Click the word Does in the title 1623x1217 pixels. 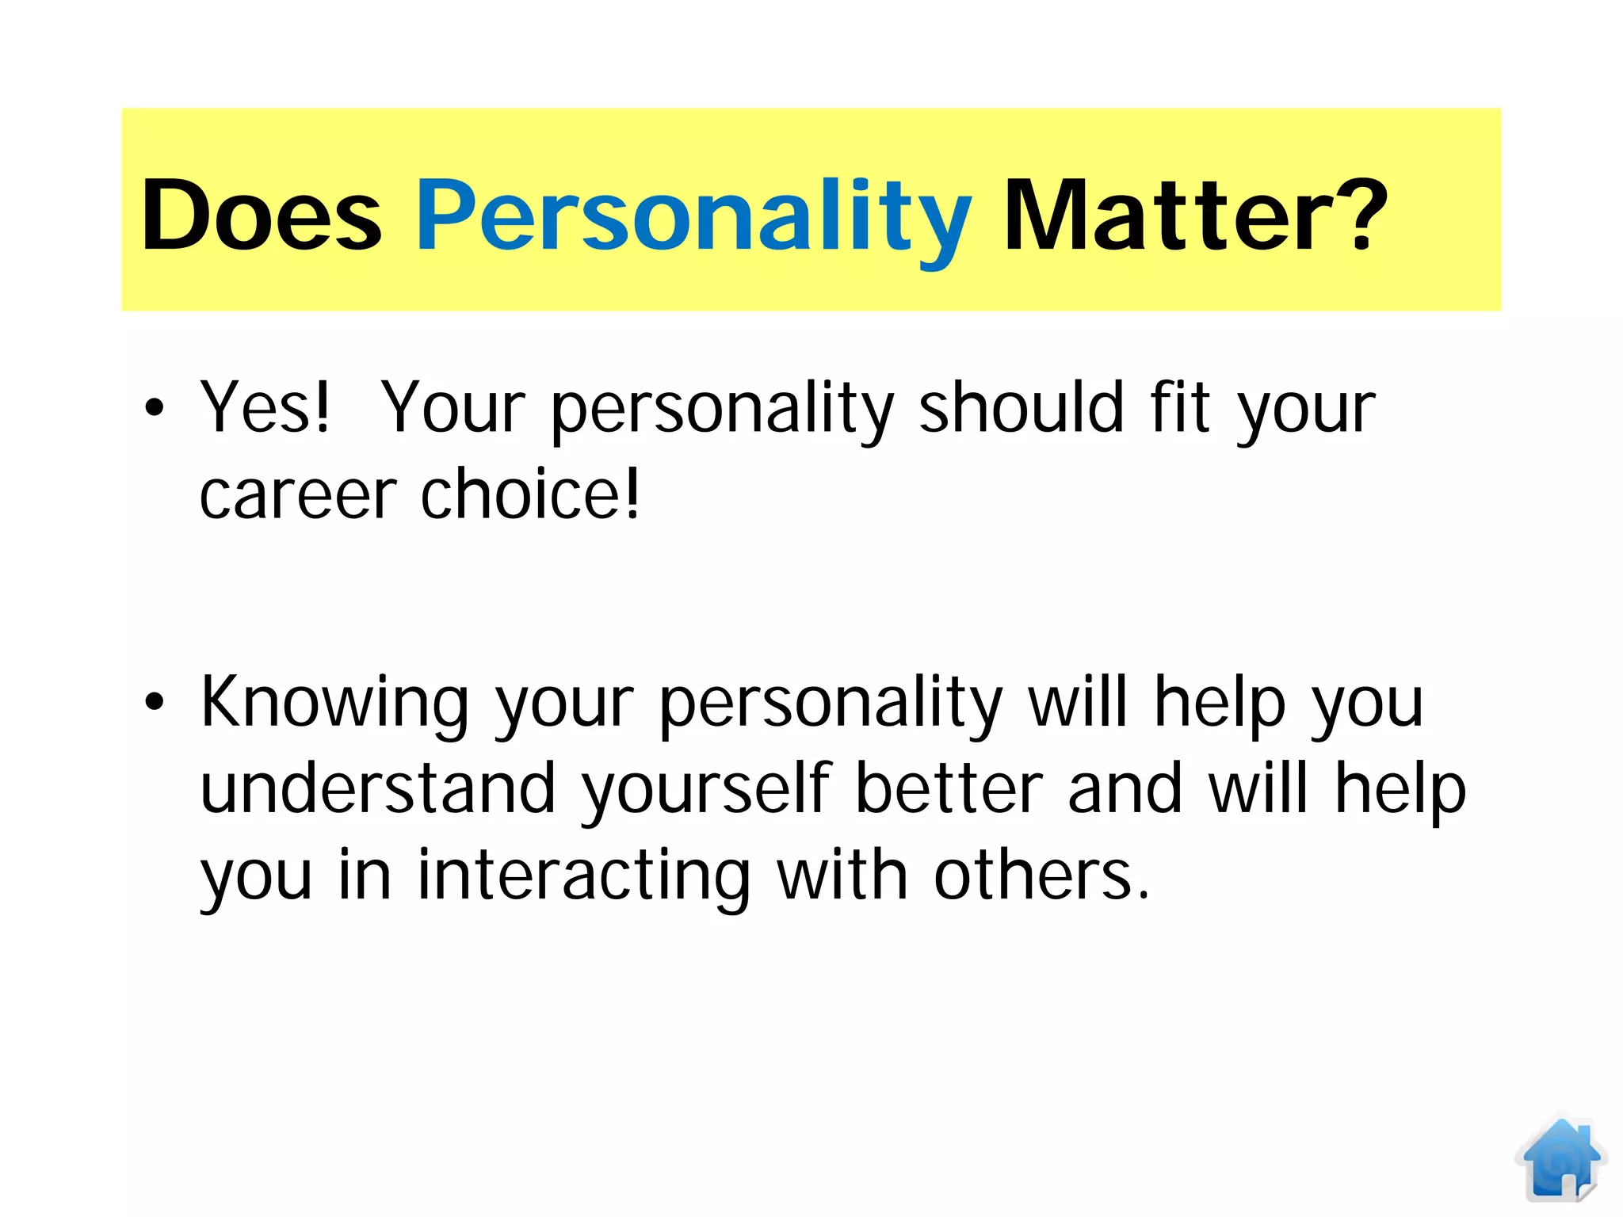pos(262,216)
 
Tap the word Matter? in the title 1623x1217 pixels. pos(1195,216)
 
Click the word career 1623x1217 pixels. pos(298,494)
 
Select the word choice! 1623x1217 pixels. pos(529,494)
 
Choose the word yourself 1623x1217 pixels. pos(706,789)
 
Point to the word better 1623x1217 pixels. pos(949,789)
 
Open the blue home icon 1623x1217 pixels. pos(1560,1158)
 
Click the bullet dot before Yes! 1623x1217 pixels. pos(155,408)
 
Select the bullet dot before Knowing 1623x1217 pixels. pos(155,702)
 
